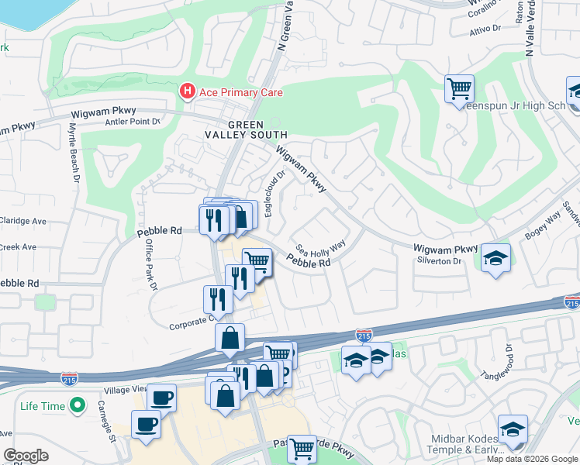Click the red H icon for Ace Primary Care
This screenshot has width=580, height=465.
tap(187, 92)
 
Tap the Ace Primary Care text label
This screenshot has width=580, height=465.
tap(241, 92)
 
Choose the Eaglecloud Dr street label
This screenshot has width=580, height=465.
tap(272, 193)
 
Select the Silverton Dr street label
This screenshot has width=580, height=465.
tap(439, 261)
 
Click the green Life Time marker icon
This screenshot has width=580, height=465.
tap(78, 405)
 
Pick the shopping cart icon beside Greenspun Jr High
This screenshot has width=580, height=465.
tap(459, 88)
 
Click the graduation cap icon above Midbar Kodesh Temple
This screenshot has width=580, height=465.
tap(513, 429)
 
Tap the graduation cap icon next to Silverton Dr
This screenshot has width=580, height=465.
tap(495, 257)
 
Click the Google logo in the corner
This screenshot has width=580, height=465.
tap(26, 456)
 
